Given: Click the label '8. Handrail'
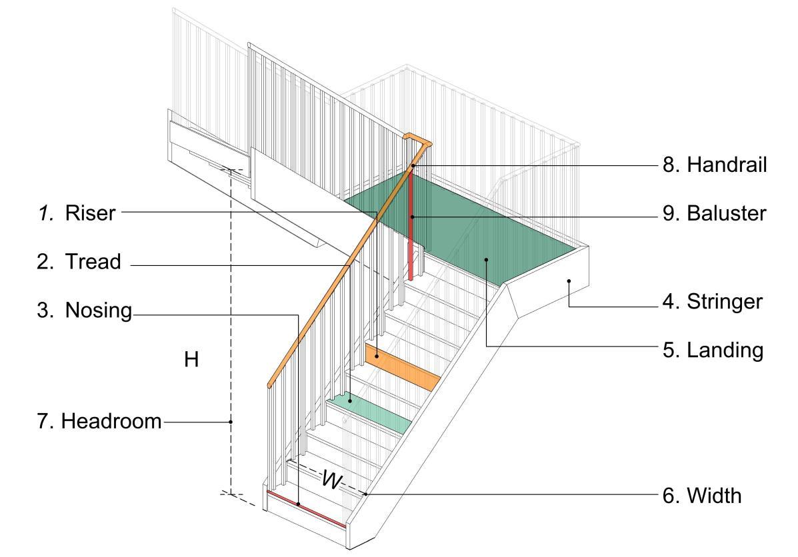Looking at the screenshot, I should (x=713, y=165).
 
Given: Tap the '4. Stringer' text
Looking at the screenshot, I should (x=713, y=302).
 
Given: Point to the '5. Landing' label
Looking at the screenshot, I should (x=713, y=350).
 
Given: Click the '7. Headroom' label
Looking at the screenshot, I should (x=111, y=421).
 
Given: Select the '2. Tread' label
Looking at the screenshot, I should (x=79, y=262).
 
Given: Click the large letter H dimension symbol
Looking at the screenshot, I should (x=192, y=360).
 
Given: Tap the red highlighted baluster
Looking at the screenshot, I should (x=411, y=227).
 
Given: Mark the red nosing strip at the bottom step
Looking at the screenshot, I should (x=306, y=508).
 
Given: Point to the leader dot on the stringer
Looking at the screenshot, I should (x=569, y=281).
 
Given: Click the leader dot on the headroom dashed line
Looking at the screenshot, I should (x=231, y=421).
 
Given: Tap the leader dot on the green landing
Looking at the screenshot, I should (x=487, y=259).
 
